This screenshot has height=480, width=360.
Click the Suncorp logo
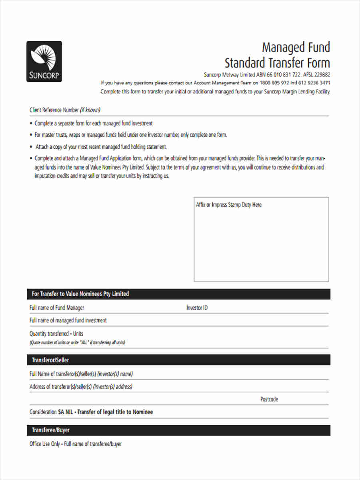click(x=44, y=61)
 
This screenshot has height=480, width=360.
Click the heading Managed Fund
click(x=296, y=48)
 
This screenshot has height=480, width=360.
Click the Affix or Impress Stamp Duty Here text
click(x=228, y=205)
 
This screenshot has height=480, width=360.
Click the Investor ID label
click(x=197, y=308)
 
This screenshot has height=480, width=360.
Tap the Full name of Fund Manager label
click(x=57, y=308)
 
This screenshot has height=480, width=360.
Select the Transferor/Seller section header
click(x=50, y=360)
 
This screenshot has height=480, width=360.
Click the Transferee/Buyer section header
click(x=50, y=430)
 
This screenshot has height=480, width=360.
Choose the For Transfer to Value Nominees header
click(x=80, y=294)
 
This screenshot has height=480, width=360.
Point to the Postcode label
click(x=269, y=399)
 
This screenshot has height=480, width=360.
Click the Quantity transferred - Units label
click(x=56, y=334)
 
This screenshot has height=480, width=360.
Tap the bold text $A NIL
click(x=66, y=412)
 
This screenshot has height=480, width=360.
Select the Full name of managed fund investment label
click(x=68, y=320)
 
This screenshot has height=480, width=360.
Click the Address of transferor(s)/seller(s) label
click(x=81, y=387)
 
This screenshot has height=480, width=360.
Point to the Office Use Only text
click(x=45, y=444)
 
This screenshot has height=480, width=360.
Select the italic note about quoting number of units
click(x=77, y=342)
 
